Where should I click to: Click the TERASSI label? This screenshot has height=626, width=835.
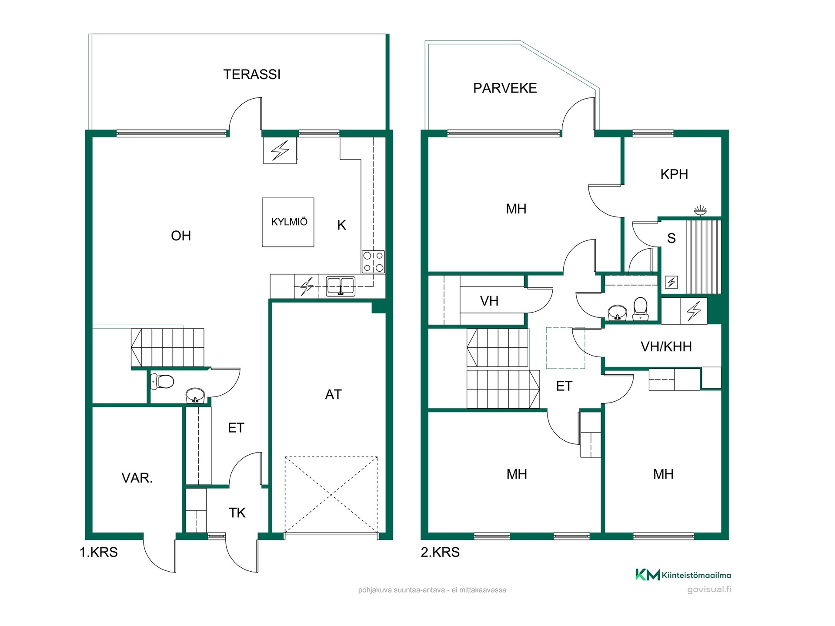[x=252, y=74]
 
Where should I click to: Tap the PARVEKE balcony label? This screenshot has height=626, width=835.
[x=504, y=88]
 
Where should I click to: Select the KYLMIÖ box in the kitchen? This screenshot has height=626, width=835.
[x=288, y=223]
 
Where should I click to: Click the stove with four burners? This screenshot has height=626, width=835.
[x=374, y=262]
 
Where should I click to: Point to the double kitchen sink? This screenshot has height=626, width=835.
[x=341, y=286]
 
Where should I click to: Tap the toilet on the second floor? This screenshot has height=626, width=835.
[x=640, y=308]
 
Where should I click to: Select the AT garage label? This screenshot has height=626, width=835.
[x=333, y=394]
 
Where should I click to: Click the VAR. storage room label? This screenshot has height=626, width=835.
[x=137, y=478]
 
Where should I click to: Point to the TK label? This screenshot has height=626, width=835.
[x=237, y=513]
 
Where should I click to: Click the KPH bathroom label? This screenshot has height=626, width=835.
[x=674, y=174]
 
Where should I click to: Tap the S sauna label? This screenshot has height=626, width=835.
[x=671, y=238]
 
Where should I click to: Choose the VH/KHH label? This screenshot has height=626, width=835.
[x=666, y=346]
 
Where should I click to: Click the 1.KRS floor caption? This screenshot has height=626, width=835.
[x=99, y=552]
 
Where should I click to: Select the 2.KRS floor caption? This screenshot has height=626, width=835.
[x=440, y=552]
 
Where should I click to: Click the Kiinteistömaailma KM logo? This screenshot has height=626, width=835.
[x=683, y=575]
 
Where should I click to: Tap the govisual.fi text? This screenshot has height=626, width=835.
[x=709, y=590]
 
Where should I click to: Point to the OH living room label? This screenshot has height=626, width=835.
[x=181, y=236]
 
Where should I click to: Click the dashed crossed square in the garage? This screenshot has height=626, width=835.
[x=331, y=495]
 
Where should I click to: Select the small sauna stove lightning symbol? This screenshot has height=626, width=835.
[x=671, y=283]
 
